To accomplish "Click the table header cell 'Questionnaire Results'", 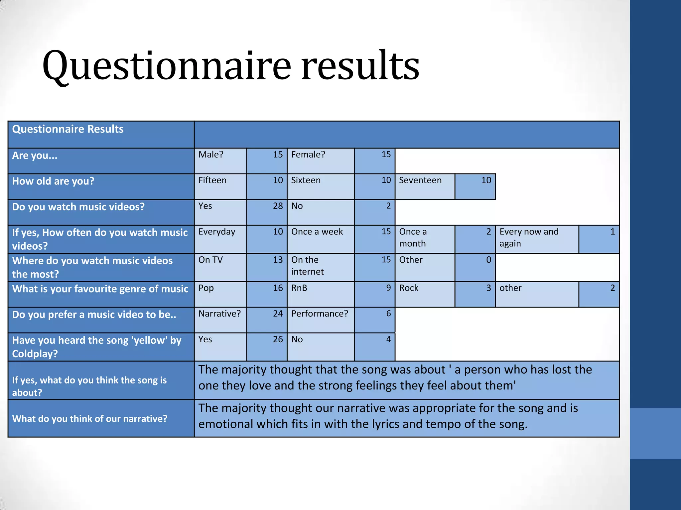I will [68, 129].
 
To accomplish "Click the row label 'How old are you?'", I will [53, 181].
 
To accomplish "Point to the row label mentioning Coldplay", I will [96, 347].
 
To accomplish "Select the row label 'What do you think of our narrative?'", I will [90, 419].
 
